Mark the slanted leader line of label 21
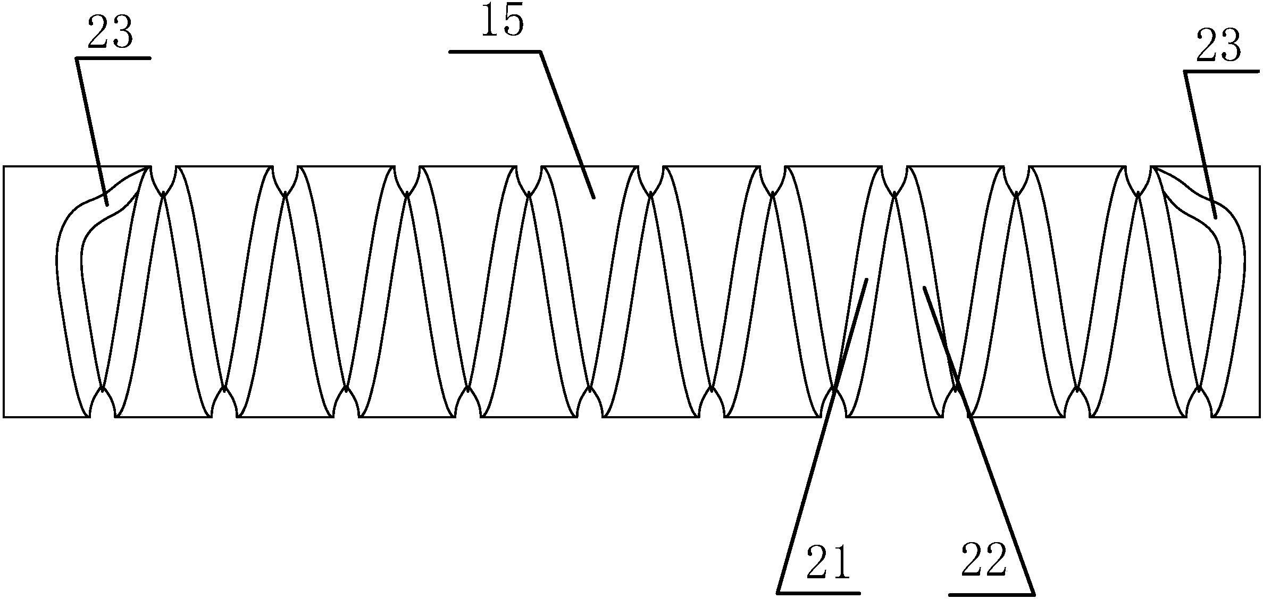822,436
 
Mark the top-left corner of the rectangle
4,167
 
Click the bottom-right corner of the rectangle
1259,417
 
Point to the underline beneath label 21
819,592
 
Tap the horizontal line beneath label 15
495,52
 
